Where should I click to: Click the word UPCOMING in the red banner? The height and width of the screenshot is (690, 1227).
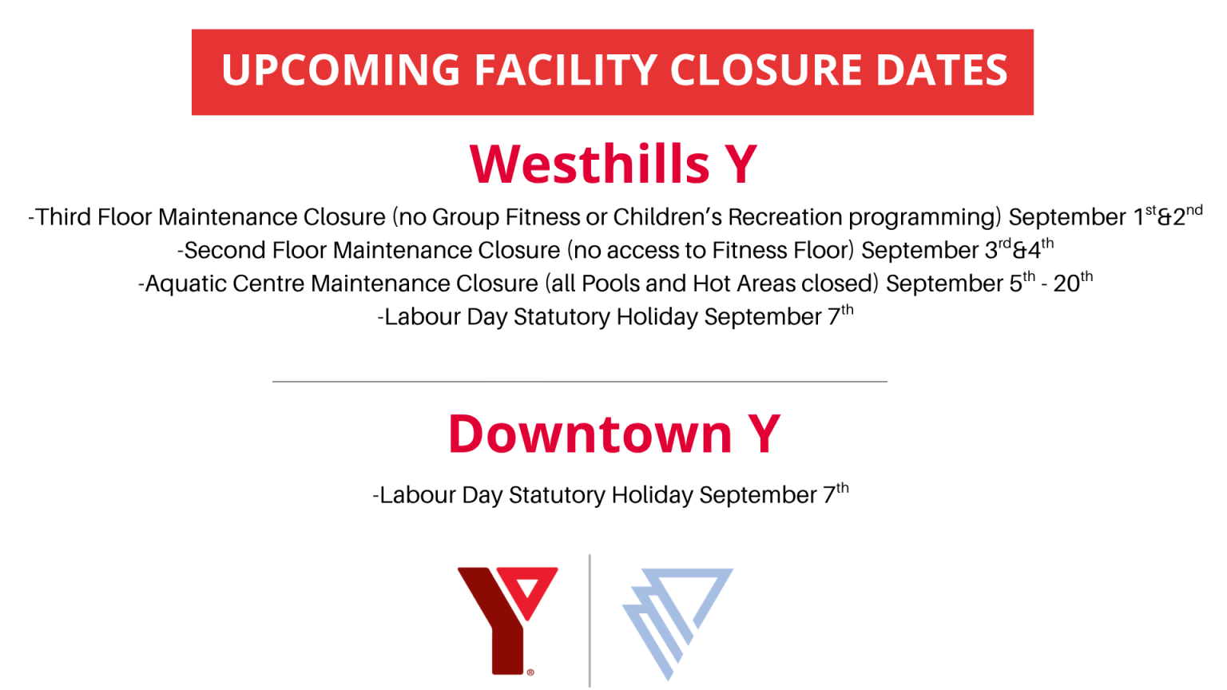(x=340, y=70)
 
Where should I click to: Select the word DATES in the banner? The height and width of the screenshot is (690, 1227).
(x=941, y=70)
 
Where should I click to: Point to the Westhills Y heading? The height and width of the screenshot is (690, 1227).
(x=613, y=163)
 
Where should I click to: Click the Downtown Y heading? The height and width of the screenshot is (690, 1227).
(x=614, y=434)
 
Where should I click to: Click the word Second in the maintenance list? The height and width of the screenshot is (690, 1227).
(x=225, y=250)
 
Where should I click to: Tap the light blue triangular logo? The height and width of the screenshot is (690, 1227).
(x=677, y=624)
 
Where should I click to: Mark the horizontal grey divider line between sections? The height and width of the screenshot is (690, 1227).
(x=579, y=381)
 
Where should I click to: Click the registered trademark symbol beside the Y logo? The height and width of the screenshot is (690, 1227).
(x=530, y=672)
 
